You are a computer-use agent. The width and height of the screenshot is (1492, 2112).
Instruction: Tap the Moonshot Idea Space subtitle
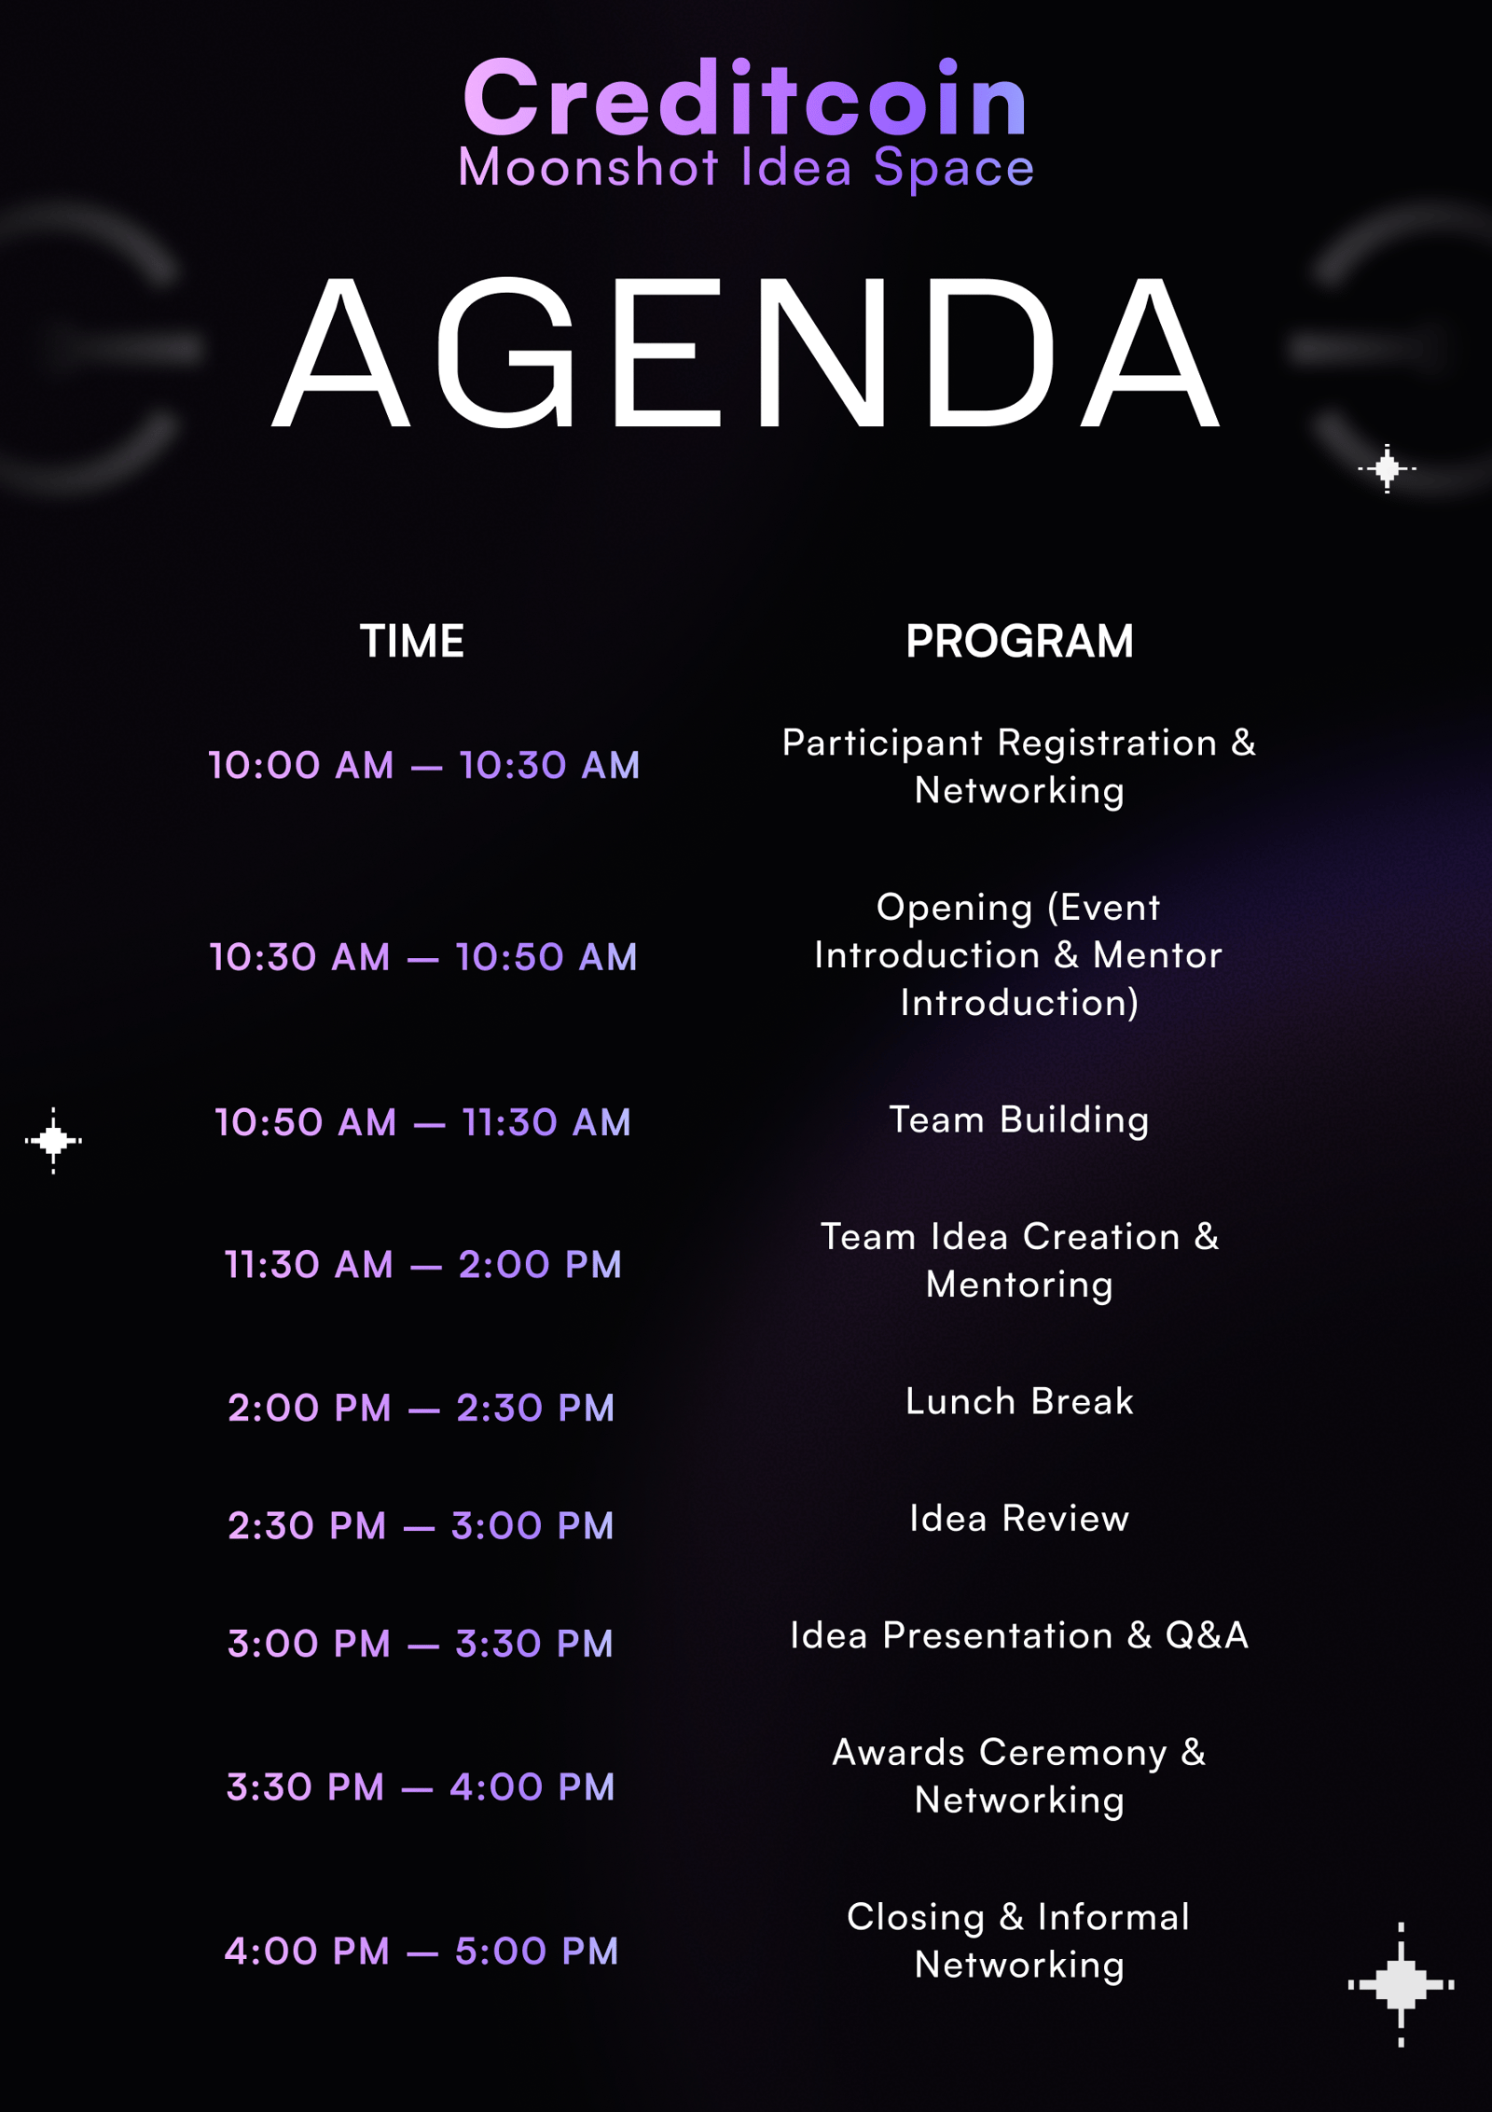(746, 168)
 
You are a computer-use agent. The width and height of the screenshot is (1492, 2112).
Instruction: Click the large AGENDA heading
(745, 353)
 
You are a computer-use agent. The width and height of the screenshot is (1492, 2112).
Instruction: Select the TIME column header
(412, 641)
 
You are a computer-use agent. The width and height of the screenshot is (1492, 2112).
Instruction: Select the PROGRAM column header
(1019, 641)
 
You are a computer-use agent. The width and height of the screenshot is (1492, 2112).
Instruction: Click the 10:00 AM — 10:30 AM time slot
(424, 765)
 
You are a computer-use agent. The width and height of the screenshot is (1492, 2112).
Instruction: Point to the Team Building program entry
(1019, 1119)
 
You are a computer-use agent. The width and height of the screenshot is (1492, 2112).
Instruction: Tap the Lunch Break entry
(1019, 1401)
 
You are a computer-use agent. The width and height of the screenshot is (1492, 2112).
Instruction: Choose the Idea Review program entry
(1019, 1519)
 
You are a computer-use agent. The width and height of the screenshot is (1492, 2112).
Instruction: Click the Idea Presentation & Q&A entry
(1019, 1635)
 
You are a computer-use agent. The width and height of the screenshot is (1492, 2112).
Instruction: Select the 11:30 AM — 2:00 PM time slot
(423, 1264)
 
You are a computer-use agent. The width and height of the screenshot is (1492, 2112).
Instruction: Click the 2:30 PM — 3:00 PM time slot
(421, 1525)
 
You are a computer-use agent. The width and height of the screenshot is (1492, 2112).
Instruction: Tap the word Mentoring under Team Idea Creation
(1019, 1285)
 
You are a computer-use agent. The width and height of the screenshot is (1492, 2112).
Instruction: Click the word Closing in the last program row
(916, 1918)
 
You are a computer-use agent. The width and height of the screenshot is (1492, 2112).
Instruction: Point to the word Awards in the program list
(898, 1752)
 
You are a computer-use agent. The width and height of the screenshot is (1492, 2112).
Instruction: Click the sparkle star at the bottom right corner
(1401, 1984)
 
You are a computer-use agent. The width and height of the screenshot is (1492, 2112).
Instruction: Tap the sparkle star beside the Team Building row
(53, 1140)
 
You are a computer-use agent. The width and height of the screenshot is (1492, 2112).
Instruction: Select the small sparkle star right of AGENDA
(1387, 468)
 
